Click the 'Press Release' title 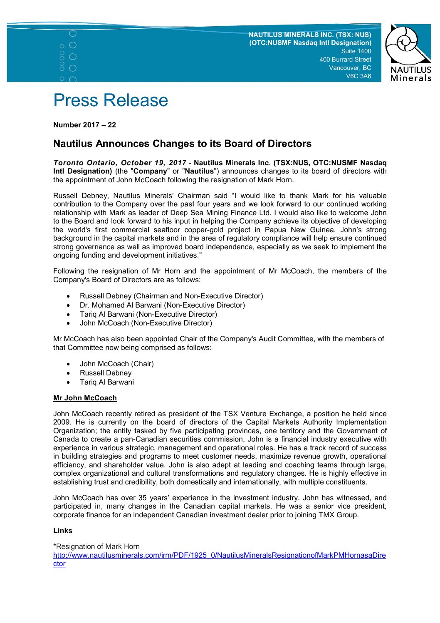[x=111, y=100]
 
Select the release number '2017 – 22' [x=99, y=125]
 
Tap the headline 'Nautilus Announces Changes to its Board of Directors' [x=182, y=144]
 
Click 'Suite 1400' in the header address [x=356, y=51]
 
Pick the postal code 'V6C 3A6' [x=358, y=76]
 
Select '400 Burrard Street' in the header [x=345, y=60]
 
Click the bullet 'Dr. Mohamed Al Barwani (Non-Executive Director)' [x=162, y=305]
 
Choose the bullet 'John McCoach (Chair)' [x=116, y=364]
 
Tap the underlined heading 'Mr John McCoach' [x=85, y=398]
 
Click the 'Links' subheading [x=63, y=531]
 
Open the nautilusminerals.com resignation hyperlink [x=219, y=555]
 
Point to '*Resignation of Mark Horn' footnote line [x=96, y=546]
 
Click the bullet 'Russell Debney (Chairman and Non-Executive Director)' [x=171, y=296]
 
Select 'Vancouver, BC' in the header [x=350, y=68]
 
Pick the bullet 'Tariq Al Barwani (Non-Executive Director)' [x=148, y=314]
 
